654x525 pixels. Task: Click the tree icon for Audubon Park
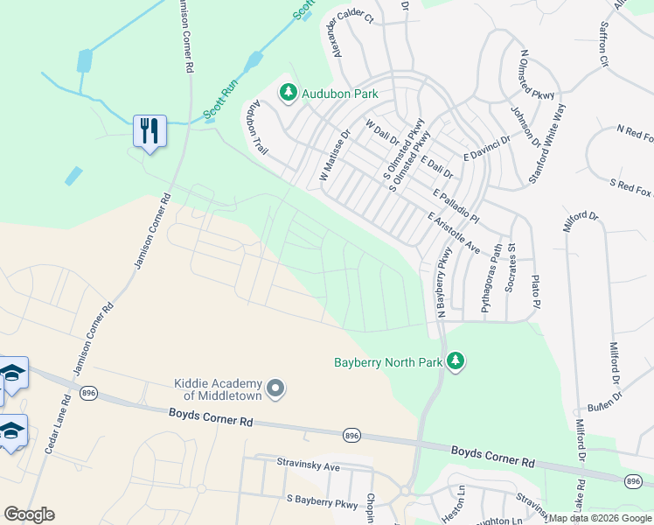(288, 91)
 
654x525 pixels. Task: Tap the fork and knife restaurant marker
(150, 131)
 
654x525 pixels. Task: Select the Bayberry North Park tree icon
(454, 360)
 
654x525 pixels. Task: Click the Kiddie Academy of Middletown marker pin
(276, 388)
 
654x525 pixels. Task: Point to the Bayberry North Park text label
(387, 361)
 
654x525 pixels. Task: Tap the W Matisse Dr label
(334, 155)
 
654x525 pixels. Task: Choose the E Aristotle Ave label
(454, 233)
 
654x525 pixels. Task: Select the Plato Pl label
(537, 291)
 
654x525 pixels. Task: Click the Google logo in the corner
(29, 514)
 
